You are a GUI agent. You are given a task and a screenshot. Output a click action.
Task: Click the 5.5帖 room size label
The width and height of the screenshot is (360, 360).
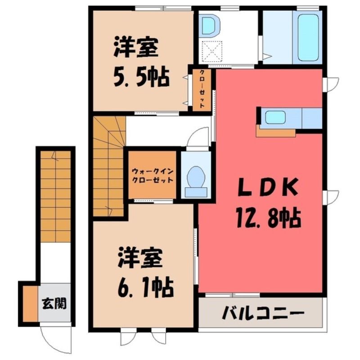(142, 77)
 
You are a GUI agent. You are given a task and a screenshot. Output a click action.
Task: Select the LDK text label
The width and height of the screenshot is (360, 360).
(268, 188)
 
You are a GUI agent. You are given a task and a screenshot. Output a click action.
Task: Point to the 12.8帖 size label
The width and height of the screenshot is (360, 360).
(269, 217)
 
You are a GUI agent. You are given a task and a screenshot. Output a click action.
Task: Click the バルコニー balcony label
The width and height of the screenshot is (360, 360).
(263, 313)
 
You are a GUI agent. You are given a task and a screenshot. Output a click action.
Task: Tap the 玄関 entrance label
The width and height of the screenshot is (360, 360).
(54, 304)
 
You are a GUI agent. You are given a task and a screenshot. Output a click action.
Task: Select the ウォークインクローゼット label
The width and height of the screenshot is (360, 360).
(153, 175)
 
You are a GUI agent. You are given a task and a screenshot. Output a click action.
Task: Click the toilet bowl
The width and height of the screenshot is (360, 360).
(196, 177)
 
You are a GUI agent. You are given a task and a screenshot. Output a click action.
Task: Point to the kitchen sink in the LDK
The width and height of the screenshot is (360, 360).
(275, 117)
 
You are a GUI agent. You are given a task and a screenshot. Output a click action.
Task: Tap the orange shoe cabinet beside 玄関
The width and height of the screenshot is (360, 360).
(30, 304)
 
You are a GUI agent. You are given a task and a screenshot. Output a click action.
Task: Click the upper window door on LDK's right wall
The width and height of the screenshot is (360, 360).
(331, 85)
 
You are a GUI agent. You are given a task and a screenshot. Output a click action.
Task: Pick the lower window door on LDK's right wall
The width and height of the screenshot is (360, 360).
(331, 198)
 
